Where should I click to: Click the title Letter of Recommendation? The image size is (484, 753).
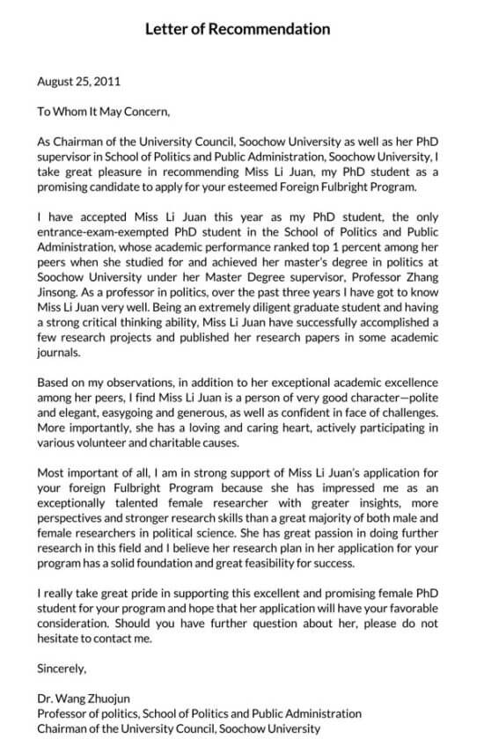pos(238,29)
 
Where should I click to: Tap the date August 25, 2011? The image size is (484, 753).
pos(79,82)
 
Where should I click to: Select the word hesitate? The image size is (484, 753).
pos(60,638)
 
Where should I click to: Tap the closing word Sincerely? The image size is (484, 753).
pos(62,668)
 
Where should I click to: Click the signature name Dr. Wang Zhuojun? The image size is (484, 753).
pos(85,698)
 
